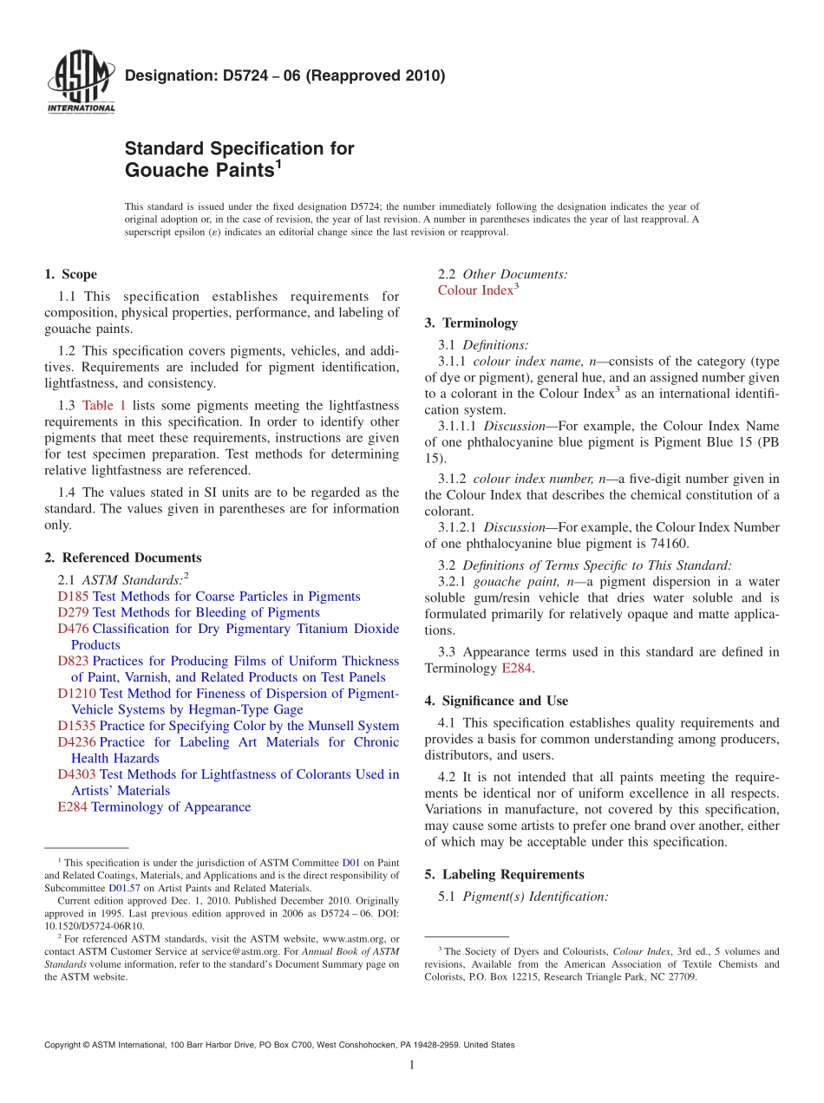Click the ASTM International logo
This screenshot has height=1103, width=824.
(x=81, y=84)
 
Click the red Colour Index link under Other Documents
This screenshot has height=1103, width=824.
(x=475, y=291)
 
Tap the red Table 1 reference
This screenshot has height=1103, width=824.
(x=104, y=405)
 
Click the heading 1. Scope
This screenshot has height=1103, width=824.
(x=70, y=275)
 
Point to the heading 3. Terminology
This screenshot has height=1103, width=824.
(x=471, y=323)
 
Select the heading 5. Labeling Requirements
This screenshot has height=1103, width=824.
(x=504, y=875)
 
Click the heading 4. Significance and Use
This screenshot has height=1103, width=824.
(x=496, y=702)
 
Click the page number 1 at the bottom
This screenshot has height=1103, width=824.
(x=412, y=1065)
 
